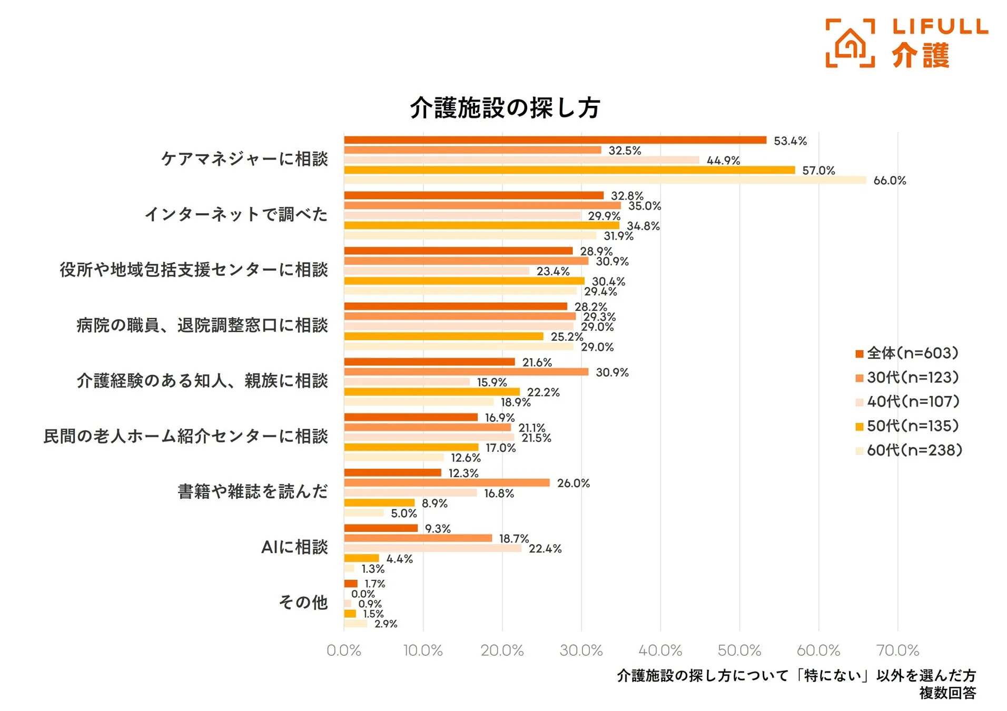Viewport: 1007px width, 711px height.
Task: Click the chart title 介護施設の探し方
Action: click(x=505, y=107)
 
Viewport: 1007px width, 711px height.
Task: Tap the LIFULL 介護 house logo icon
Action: click(x=850, y=43)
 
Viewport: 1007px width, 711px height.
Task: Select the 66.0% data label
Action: click(x=889, y=181)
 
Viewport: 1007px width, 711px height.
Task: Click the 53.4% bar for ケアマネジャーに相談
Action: click(x=555, y=140)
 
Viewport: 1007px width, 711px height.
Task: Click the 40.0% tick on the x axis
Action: click(x=660, y=650)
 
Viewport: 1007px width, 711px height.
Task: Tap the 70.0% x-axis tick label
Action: click(x=897, y=650)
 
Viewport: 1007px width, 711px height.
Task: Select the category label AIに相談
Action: click(x=294, y=547)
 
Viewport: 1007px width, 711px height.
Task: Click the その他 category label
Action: click(x=303, y=602)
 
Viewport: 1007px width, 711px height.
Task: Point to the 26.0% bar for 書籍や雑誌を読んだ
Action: click(x=447, y=483)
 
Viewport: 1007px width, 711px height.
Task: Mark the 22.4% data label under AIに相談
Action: click(x=545, y=549)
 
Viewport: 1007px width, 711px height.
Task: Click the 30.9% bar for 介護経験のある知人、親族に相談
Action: click(x=466, y=372)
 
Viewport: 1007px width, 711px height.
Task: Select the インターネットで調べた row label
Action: click(x=236, y=214)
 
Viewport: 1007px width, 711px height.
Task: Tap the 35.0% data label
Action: click(x=644, y=206)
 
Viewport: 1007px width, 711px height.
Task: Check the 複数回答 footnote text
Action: click(x=947, y=693)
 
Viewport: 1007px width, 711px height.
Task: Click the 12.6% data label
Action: click(x=465, y=458)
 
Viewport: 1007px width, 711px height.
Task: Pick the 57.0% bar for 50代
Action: click(x=569, y=170)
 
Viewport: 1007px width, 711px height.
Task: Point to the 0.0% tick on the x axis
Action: click(x=344, y=650)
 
